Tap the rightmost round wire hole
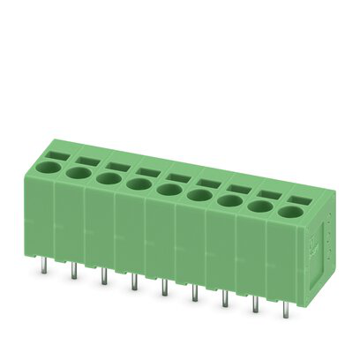point(289,212)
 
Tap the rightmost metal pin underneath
point(285,310)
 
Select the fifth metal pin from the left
point(163,289)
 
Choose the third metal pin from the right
point(224,299)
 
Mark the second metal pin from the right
point(255,305)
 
